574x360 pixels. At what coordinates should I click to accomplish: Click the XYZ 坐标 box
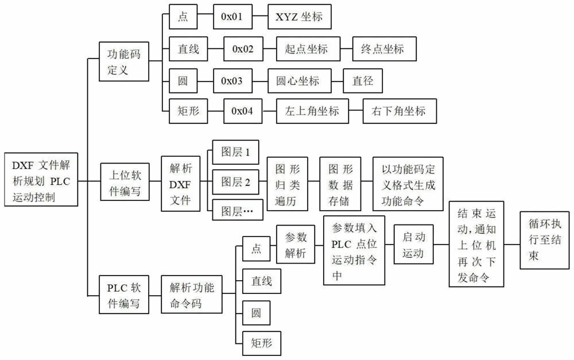pos(300,17)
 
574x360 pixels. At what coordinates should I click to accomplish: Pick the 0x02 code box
pos(243,49)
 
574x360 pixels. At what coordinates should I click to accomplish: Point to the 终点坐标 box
pos(378,49)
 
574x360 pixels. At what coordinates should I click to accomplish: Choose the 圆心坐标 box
pos(301,80)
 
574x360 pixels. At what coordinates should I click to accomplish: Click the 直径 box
pos(363,80)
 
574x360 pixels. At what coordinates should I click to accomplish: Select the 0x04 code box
pos(243,111)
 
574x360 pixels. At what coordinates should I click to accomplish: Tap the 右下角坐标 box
pos(395,111)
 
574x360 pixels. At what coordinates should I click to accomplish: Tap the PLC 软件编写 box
pos(124,295)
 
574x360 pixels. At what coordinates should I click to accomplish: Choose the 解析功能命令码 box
pos(192,295)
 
